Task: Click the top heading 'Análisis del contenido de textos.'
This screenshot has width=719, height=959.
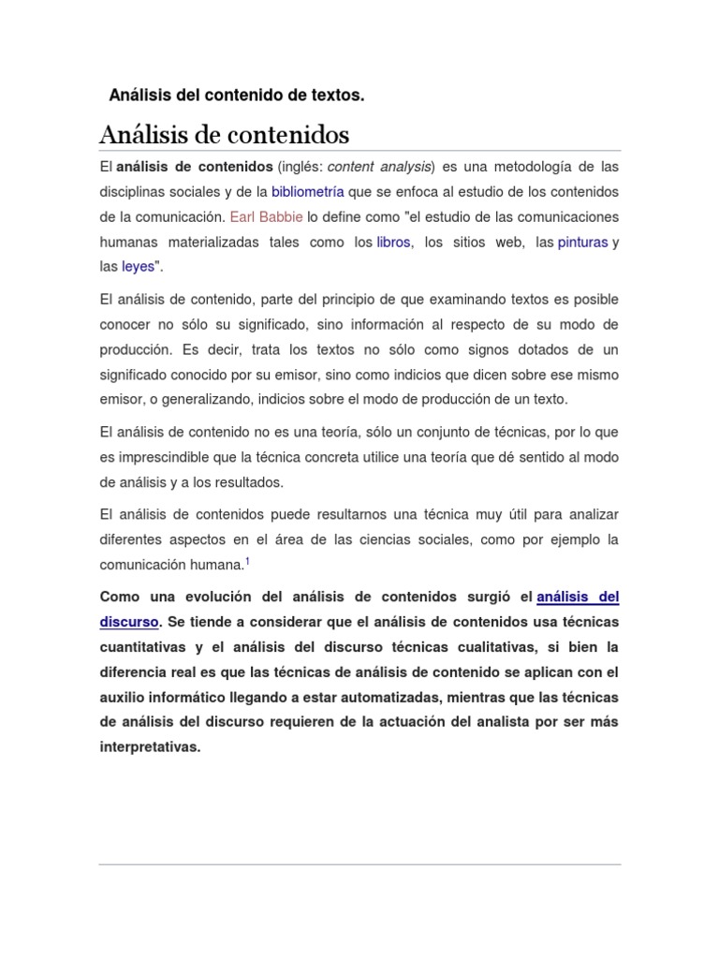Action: point(236,96)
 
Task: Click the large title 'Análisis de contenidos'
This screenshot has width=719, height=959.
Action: point(224,135)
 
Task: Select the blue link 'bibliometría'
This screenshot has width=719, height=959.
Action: point(308,192)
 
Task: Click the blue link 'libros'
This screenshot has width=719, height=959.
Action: point(393,242)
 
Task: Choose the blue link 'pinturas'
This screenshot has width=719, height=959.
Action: point(582,242)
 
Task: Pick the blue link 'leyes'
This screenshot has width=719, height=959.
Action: point(138,267)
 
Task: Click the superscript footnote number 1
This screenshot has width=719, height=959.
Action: point(247,562)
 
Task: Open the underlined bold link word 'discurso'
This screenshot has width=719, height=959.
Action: point(129,621)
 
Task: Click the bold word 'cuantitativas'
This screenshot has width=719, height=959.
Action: point(143,647)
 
